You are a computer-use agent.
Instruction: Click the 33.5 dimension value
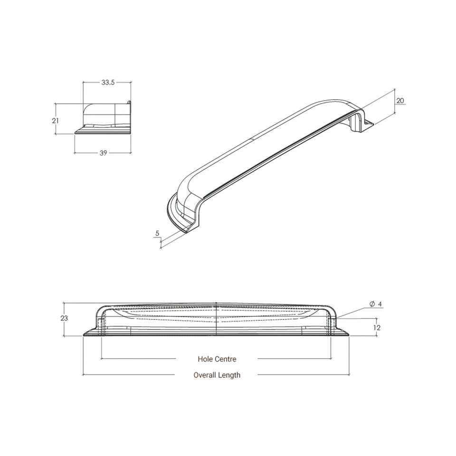tap(108, 83)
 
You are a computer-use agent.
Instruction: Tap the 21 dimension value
tap(55, 120)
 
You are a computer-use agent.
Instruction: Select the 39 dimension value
tap(103, 153)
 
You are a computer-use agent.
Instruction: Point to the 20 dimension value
tap(400, 101)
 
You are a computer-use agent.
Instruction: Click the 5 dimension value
tap(157, 233)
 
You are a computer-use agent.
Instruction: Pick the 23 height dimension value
tap(64, 318)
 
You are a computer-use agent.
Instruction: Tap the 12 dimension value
tap(377, 328)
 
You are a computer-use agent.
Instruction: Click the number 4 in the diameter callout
tap(380, 304)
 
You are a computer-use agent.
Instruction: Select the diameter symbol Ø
tap(372, 304)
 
